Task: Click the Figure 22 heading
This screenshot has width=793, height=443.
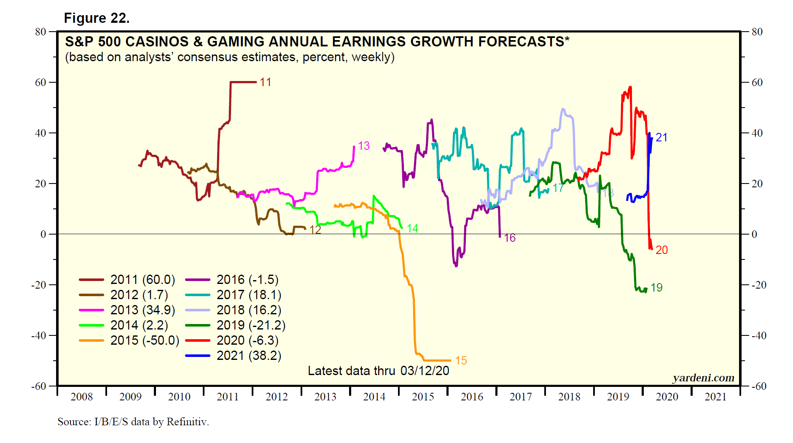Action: click(97, 18)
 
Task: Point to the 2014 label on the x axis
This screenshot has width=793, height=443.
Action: click(374, 397)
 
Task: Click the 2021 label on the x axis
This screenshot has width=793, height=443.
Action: click(715, 397)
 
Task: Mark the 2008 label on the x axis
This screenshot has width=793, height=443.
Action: click(81, 397)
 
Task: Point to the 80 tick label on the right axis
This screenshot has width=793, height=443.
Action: click(757, 32)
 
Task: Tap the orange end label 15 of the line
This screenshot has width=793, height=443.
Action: click(461, 361)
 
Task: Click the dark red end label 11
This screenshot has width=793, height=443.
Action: click(265, 82)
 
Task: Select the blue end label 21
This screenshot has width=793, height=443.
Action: click(661, 138)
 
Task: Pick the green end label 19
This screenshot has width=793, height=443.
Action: click(656, 288)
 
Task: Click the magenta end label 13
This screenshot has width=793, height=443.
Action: click(363, 146)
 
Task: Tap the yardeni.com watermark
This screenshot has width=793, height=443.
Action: click(703, 378)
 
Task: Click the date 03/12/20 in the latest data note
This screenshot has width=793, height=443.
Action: click(425, 371)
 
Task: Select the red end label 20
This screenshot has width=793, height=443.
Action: click(661, 250)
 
